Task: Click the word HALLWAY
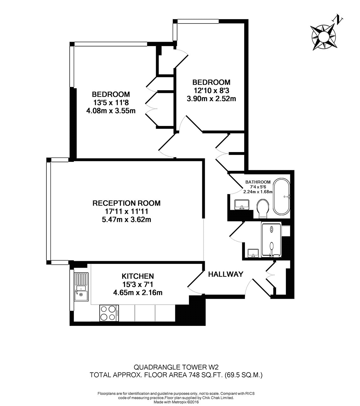(x=225, y=274)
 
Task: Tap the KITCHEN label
(x=138, y=276)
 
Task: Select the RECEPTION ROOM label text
(x=126, y=203)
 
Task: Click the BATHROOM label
(x=258, y=182)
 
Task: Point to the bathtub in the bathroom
(x=282, y=197)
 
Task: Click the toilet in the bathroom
(x=263, y=208)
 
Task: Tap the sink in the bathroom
(x=242, y=205)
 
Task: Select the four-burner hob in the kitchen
(x=109, y=313)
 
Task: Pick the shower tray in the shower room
(x=272, y=239)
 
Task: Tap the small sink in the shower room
(x=253, y=253)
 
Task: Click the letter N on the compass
(x=338, y=19)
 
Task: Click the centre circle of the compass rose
(x=323, y=37)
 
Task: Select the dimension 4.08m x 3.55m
(x=111, y=111)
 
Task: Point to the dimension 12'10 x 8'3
(x=211, y=91)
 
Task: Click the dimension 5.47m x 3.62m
(x=126, y=220)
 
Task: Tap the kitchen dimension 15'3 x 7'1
(x=138, y=284)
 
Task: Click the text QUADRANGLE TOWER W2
(x=176, y=367)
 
